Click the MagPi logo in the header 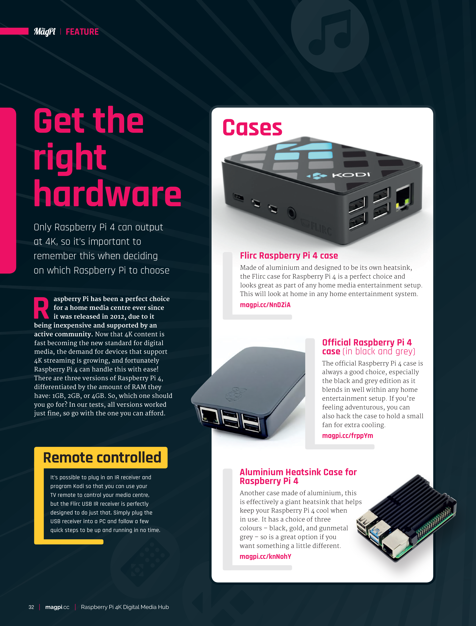[45, 32]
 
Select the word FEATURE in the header [82, 32]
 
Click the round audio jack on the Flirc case [291, 212]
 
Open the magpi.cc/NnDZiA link [265, 305]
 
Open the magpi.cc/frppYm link [347, 436]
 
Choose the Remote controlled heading [102, 458]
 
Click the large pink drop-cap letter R [41, 308]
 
